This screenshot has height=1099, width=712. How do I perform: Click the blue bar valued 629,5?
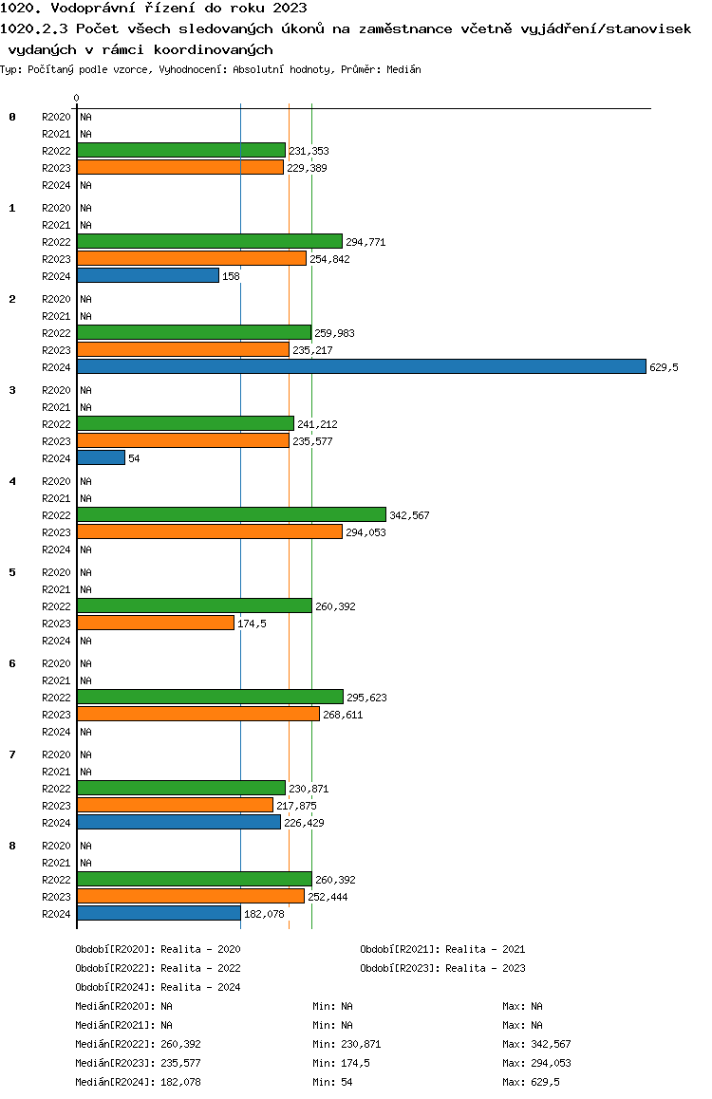pos(362,366)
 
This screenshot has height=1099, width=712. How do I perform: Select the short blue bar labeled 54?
pos(101,457)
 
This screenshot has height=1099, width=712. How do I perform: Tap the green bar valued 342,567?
pos(232,514)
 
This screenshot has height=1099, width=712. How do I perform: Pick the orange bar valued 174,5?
pos(156,623)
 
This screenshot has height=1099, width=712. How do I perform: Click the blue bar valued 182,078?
pos(159,913)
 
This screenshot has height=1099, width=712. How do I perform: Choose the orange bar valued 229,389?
pos(180,167)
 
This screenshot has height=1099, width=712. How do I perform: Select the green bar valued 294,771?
pos(210,241)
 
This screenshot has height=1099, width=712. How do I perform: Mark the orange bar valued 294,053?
pos(210,531)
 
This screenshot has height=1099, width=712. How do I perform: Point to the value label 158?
pos(232,276)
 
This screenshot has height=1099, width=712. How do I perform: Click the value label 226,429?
pos(304,823)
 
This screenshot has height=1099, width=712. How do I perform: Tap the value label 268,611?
pos(343,715)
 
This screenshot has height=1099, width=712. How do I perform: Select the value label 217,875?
pos(296,806)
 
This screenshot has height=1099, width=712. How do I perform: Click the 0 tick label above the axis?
pos(76,98)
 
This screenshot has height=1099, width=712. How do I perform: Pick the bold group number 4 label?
pos(12,481)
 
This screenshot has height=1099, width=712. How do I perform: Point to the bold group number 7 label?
pos(12,754)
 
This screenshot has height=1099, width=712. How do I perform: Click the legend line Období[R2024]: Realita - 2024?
pos(158,987)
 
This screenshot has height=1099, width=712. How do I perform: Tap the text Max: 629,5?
pos(532,1082)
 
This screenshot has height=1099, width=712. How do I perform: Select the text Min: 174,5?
pos(341,1063)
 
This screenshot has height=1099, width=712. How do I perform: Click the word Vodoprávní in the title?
pos(92,9)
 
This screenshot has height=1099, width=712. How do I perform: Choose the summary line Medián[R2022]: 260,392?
pos(138,1044)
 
